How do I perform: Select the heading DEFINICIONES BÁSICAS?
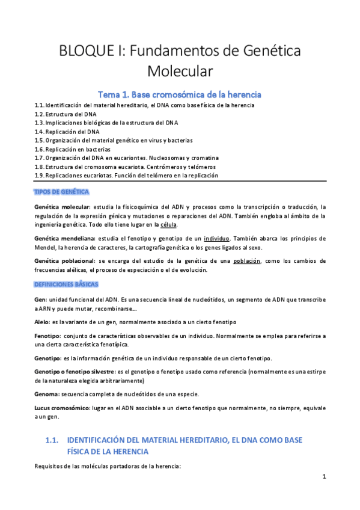click(66, 283)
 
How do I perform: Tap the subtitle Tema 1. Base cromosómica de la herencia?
click(180, 94)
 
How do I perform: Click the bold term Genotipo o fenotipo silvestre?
click(78, 372)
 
